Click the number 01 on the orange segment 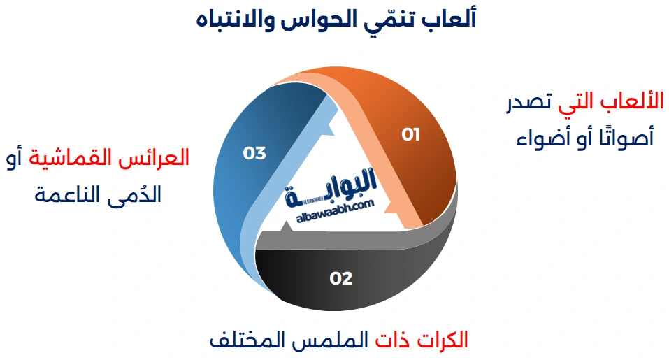411,134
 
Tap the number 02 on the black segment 341,278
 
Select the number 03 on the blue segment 254,153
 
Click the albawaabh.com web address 335,210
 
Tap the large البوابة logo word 334,186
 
